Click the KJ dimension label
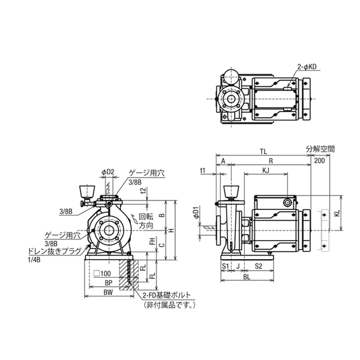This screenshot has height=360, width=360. click(265, 172)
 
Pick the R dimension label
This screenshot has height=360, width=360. click(271, 162)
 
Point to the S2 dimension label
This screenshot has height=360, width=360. click(258, 265)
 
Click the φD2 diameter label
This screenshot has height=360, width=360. click(107, 172)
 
